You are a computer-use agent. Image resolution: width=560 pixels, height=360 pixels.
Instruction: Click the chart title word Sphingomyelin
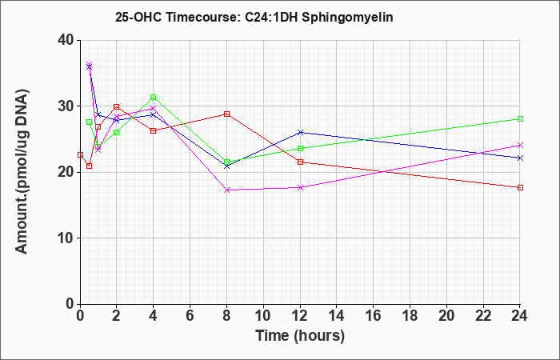[x=347, y=17]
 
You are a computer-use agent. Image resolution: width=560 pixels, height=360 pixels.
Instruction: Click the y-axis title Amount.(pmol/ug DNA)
[x=22, y=171]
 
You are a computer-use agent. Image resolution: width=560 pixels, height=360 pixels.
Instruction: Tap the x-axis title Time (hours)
[x=300, y=336]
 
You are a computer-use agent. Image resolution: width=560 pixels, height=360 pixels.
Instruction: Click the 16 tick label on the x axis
[x=374, y=316]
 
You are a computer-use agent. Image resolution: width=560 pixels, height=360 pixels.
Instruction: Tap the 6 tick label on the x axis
[x=190, y=316]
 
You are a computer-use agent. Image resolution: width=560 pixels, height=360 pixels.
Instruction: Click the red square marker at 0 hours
[x=80, y=155]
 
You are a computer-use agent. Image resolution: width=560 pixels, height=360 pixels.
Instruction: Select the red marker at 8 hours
[x=226, y=114]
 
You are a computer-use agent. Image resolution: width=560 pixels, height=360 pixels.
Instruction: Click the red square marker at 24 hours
[x=520, y=187]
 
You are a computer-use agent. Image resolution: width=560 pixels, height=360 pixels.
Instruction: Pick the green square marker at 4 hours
[x=154, y=97]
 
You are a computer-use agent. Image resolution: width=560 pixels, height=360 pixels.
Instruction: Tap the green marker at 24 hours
[x=520, y=119]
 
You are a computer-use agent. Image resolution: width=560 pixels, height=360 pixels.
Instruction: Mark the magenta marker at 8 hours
[x=226, y=190]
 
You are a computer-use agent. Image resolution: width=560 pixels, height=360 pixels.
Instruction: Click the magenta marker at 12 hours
[x=300, y=187]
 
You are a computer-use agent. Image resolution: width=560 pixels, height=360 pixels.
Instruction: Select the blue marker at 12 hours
[x=300, y=133]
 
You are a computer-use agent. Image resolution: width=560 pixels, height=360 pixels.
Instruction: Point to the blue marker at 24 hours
[x=520, y=158]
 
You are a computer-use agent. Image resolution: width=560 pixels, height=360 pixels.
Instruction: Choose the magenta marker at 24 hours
[x=520, y=146]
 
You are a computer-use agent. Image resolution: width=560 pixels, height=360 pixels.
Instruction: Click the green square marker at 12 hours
[x=300, y=148]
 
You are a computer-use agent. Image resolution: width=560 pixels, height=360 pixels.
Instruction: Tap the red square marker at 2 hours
[x=117, y=106]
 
